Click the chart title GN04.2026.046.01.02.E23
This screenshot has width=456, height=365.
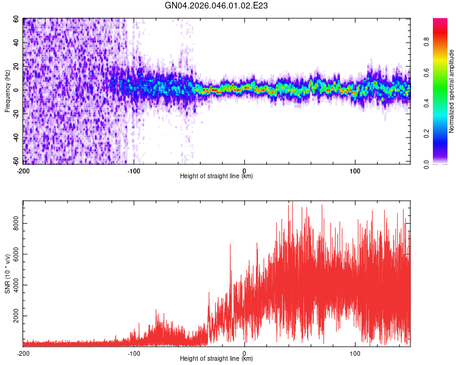pos(217,5)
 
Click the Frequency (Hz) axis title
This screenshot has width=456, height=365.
pos(7,91)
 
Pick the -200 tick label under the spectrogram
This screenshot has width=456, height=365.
pos(23,170)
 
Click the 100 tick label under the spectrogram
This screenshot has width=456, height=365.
pos(355,170)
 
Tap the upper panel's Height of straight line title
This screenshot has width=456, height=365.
pos(216,176)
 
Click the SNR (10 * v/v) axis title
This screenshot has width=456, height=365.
pos(7,274)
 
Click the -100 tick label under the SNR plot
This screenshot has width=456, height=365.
pos(134,353)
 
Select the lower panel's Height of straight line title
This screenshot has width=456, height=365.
pos(216,359)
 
